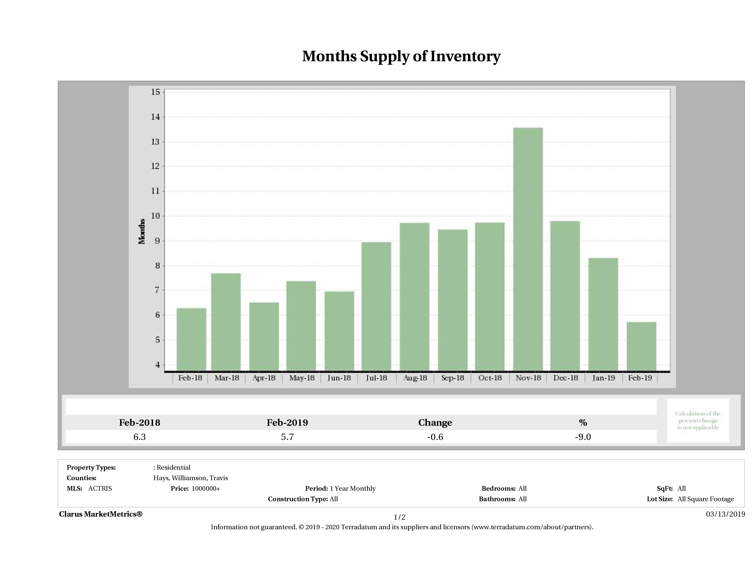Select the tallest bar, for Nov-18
(528, 249)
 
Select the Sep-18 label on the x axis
(453, 378)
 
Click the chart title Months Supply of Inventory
(401, 56)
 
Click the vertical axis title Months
(142, 232)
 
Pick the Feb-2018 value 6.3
(139, 437)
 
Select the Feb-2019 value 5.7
(287, 437)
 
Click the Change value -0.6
(435, 437)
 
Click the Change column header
(435, 423)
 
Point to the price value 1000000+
(206, 489)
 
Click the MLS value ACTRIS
(100, 489)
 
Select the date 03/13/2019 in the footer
(725, 514)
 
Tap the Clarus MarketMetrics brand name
(100, 514)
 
